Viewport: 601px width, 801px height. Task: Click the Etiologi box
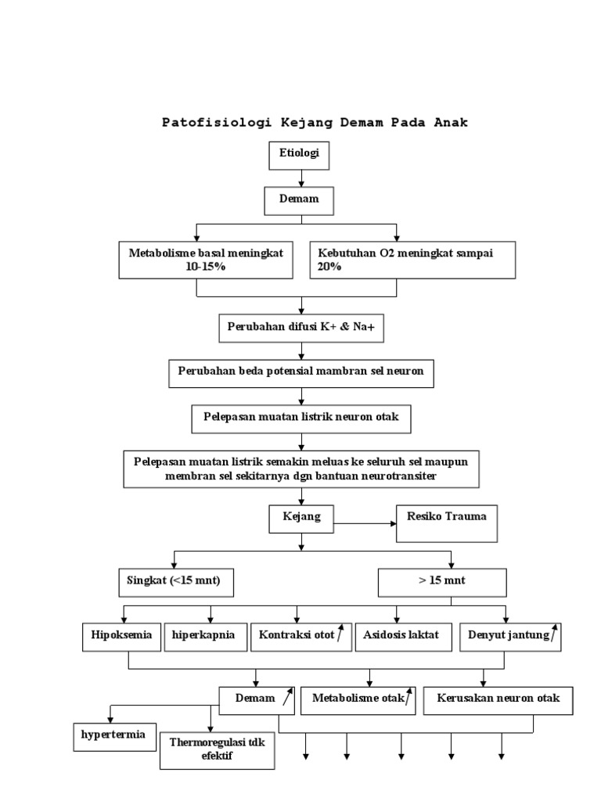(x=299, y=155)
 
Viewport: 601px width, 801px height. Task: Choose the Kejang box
(x=300, y=518)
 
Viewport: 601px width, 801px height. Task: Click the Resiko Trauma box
(x=447, y=523)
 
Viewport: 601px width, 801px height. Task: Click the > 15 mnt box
(x=442, y=583)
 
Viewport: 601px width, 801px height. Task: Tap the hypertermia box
(x=114, y=736)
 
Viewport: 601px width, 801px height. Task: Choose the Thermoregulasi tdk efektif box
(x=218, y=749)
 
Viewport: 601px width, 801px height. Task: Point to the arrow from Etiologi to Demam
(x=300, y=179)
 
